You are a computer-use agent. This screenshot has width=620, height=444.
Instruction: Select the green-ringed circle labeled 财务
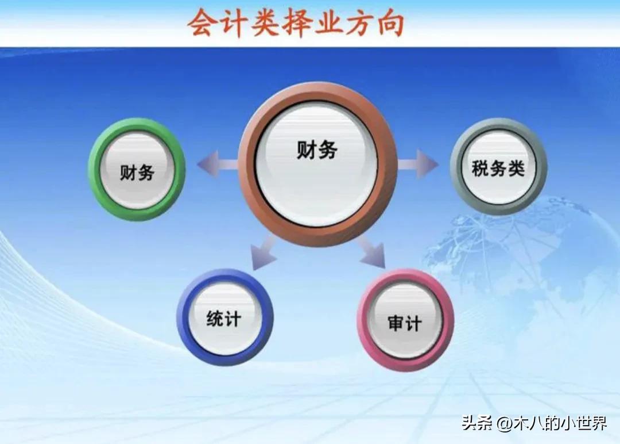pos(137,169)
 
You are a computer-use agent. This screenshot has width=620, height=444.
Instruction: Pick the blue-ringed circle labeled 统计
pos(224,318)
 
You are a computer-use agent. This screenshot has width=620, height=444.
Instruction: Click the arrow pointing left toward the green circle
pos(215,164)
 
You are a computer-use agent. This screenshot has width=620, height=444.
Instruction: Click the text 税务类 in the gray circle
pos(498,169)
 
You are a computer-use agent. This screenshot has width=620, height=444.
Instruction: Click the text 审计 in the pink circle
pos(405,323)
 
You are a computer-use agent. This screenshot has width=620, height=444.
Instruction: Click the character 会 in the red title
pos(204,24)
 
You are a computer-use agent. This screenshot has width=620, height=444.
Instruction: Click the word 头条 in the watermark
pos(476,424)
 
